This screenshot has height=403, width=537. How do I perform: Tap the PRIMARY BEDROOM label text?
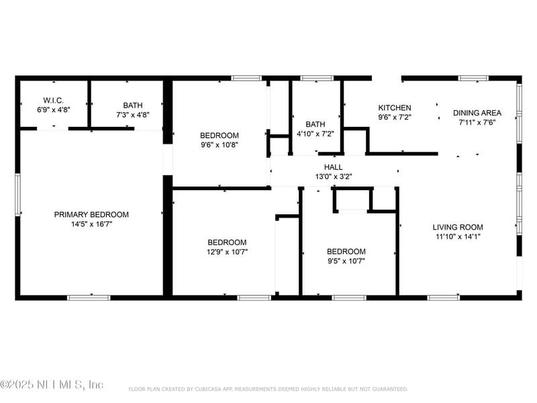pos(91,215)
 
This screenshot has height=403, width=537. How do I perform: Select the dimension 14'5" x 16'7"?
pos(91,224)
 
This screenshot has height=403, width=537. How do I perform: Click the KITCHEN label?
pos(395,108)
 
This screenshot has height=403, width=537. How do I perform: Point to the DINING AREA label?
pos(477,113)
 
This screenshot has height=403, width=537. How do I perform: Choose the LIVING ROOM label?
pos(457,227)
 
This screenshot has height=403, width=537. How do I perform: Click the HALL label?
pos(333,167)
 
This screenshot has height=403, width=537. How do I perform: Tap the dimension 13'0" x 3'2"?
pos(333,177)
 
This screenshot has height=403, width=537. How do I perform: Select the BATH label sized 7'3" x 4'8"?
pos(132,105)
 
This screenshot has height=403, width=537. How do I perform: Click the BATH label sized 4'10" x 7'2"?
pos(315,124)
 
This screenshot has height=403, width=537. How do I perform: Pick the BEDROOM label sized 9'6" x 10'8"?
pos(219,136)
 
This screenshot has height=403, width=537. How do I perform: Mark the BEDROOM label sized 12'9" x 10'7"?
pos(226,242)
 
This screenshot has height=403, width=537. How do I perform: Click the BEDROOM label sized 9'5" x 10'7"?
pos(346,252)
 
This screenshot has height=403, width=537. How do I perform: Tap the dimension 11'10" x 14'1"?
pos(457,236)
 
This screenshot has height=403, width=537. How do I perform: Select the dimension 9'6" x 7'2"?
pos(395,117)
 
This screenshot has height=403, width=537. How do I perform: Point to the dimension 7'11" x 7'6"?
pos(477,122)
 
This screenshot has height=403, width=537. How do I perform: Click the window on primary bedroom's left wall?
pos(18,195)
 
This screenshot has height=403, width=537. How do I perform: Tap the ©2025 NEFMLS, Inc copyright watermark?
pos(52,385)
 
